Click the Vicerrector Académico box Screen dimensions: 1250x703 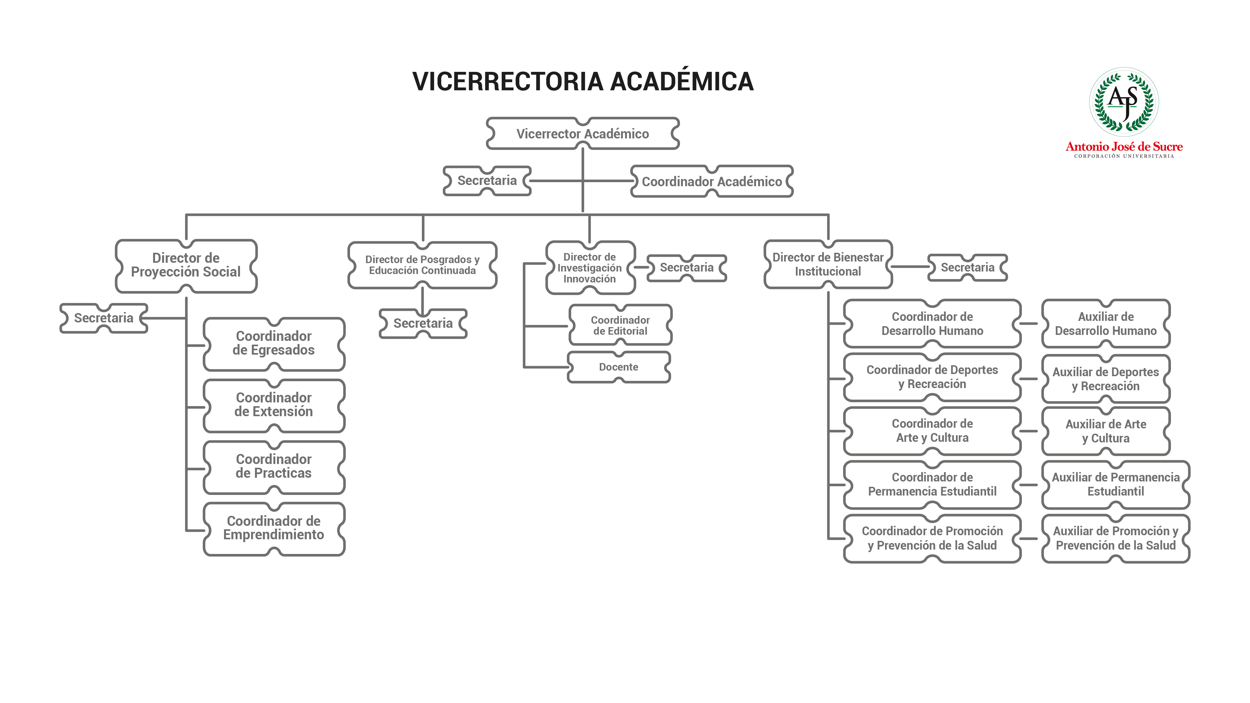click(583, 133)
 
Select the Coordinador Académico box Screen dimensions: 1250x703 click(712, 182)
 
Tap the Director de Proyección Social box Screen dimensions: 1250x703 click(186, 266)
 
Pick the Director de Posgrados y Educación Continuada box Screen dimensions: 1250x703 click(422, 265)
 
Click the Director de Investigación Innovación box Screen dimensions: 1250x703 click(590, 268)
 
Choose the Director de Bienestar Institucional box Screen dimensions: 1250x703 click(828, 264)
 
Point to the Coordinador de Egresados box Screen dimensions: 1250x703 click(274, 343)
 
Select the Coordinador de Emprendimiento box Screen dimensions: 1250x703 click(274, 528)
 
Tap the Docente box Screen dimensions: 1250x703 click(619, 367)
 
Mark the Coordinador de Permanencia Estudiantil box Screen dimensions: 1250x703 click(932, 484)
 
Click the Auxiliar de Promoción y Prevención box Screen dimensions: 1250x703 click(1116, 538)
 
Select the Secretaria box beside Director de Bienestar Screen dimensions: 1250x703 click(967, 267)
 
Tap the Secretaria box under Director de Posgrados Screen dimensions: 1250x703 click(423, 323)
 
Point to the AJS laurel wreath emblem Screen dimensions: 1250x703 click(1124, 102)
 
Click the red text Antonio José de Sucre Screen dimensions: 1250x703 click(1124, 147)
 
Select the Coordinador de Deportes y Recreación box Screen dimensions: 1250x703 click(932, 377)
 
